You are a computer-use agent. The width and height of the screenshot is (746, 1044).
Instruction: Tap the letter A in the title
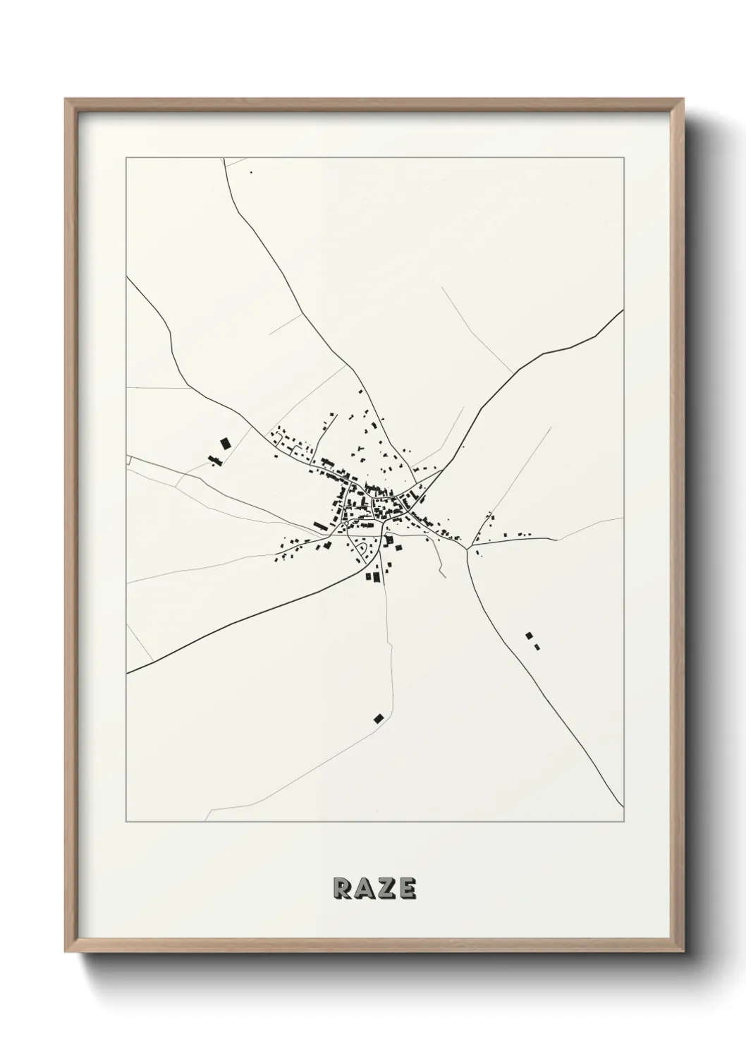coord(364,889)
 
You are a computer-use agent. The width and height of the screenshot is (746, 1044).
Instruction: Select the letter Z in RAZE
coord(385,889)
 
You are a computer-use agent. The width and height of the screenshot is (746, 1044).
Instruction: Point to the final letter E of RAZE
coord(406,889)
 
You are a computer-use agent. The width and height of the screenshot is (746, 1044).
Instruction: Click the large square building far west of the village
coord(225,443)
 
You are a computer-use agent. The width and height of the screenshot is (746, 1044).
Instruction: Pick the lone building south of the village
coord(379,718)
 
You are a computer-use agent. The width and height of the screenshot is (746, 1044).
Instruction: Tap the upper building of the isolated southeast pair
coord(529,636)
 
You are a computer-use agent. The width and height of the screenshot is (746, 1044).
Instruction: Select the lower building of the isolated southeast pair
coord(537,646)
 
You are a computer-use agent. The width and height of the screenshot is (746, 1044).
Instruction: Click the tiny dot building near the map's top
coord(250,172)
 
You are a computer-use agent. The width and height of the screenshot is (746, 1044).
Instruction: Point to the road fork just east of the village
coord(467,548)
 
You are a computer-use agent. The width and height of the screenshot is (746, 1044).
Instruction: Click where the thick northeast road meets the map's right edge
coord(623,310)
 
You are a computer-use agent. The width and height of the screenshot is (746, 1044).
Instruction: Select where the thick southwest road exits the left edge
coord(127,673)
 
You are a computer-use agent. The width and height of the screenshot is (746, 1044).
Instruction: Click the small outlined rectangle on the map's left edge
coord(128,460)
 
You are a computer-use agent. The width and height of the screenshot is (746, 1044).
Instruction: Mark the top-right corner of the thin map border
coord(623,157)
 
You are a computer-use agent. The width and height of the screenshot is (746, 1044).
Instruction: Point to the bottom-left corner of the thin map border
coord(126,823)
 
